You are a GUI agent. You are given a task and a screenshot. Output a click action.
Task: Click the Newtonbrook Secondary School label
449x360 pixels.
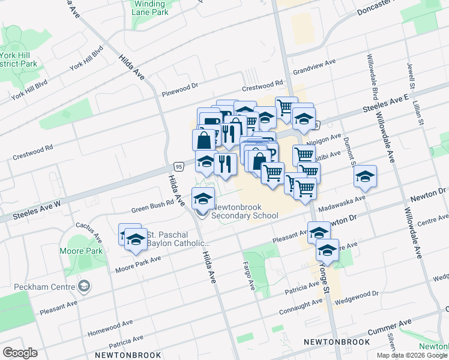[x=245, y=210]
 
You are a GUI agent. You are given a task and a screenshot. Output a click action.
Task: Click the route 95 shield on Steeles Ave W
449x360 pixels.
[x=179, y=166]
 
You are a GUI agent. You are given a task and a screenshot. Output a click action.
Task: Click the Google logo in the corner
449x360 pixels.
[x=20, y=352]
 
